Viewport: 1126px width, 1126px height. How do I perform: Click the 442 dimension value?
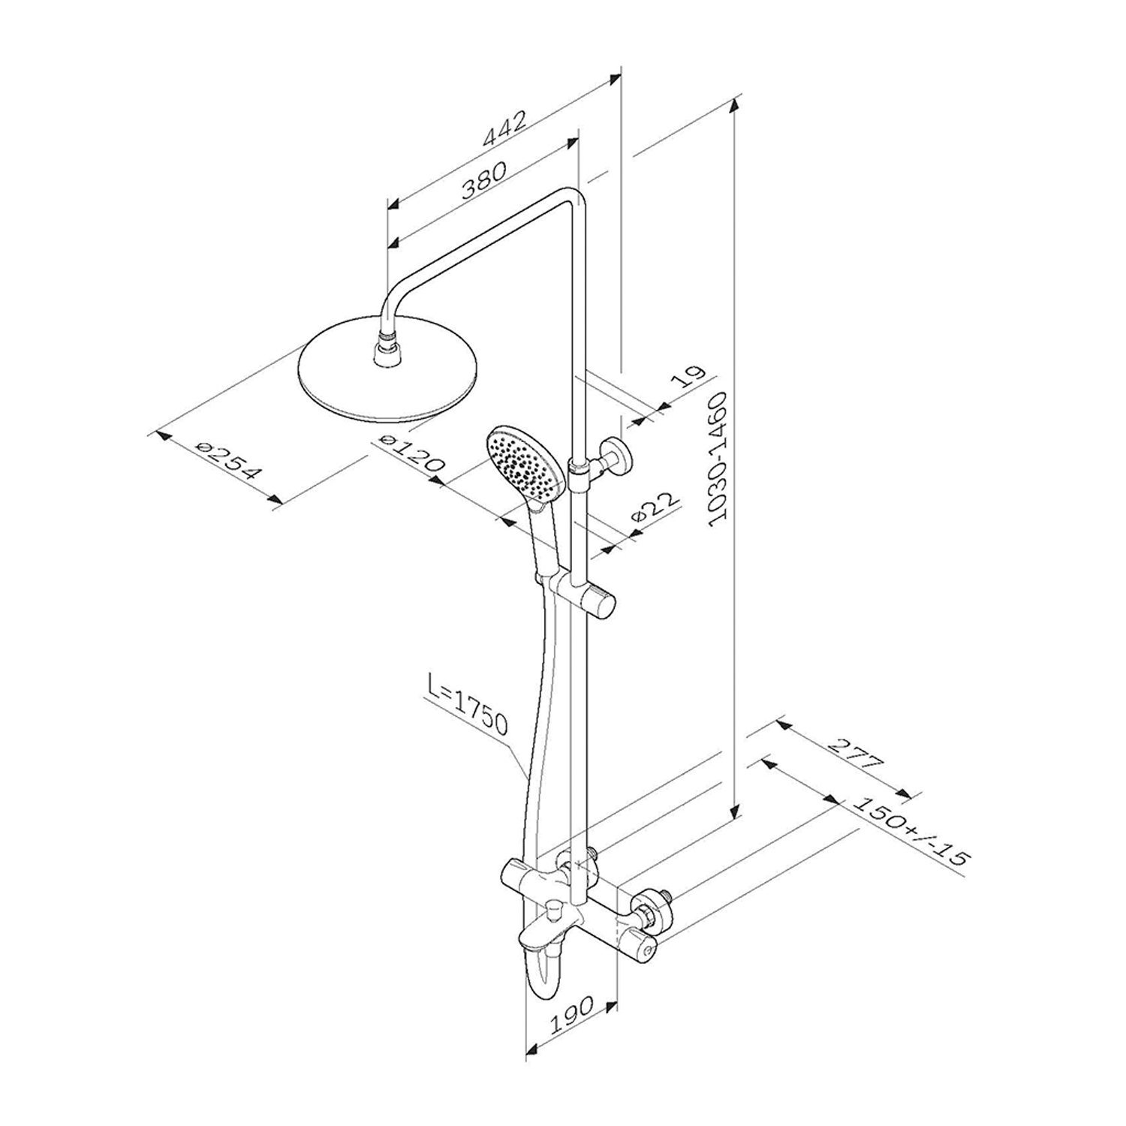(x=505, y=128)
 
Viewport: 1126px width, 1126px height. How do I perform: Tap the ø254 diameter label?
(x=227, y=460)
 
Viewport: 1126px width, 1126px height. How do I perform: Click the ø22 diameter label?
(x=655, y=508)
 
